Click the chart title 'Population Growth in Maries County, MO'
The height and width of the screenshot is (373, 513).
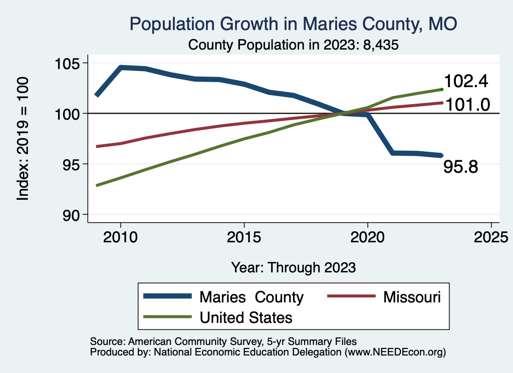tap(293, 24)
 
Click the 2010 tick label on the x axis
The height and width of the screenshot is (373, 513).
tap(121, 236)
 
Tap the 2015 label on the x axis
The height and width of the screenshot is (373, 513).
tap(244, 236)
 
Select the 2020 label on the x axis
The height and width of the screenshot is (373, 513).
tap(367, 236)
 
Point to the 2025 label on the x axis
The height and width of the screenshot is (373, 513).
tap(490, 236)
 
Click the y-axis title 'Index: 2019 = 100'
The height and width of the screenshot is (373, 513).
tap(23, 139)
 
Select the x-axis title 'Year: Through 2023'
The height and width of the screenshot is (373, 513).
tap(294, 267)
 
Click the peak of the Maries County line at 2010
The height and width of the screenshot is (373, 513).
tap(121, 67)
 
